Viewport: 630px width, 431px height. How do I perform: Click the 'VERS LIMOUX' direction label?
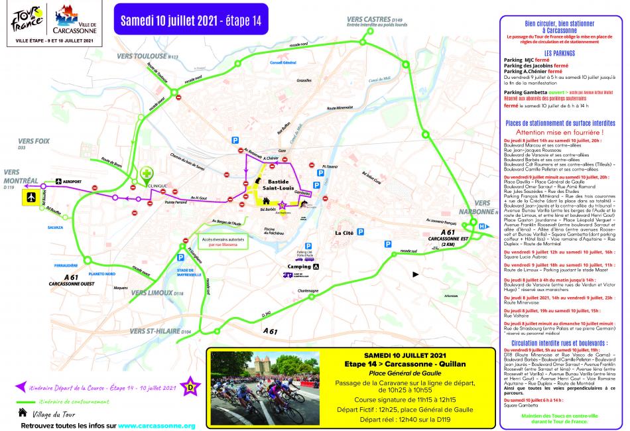(153, 292)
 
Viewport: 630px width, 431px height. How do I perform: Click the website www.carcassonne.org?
(157, 425)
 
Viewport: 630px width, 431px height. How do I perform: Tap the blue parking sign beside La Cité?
(361, 232)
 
